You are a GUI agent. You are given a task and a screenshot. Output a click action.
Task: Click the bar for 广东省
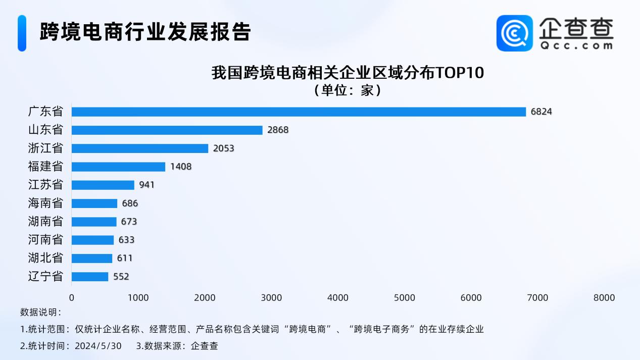pyautogui.click(x=299, y=112)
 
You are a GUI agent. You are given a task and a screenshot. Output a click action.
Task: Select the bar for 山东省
pyautogui.click(x=167, y=130)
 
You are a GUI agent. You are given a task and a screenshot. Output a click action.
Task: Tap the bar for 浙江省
pyautogui.click(x=140, y=148)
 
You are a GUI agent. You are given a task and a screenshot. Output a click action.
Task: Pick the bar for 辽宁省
pyautogui.click(x=90, y=277)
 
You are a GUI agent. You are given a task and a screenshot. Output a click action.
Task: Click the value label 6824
pyautogui.click(x=541, y=112)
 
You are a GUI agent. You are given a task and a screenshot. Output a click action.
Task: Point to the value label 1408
pyautogui.click(x=181, y=167)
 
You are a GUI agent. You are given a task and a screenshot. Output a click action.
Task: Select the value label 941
pyautogui.click(x=147, y=185)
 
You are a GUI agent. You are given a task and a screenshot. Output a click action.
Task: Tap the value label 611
pyautogui.click(x=124, y=258)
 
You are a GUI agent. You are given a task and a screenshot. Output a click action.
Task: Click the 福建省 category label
pyautogui.click(x=45, y=167)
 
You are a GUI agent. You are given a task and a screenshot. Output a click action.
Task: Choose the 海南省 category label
pyautogui.click(x=45, y=203)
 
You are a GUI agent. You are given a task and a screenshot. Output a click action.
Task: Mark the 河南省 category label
pyautogui.click(x=45, y=240)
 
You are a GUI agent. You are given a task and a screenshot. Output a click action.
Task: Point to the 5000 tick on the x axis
pyautogui.click(x=405, y=298)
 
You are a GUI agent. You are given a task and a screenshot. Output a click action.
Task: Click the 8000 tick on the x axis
pyautogui.click(x=604, y=298)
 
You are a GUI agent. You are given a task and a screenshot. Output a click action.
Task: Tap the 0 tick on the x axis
pyautogui.click(x=72, y=298)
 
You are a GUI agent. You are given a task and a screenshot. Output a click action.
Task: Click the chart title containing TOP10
pyautogui.click(x=348, y=73)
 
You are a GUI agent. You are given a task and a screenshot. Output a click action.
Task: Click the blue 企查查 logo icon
pyautogui.click(x=514, y=33)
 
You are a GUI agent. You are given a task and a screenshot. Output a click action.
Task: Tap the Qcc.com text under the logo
pyautogui.click(x=576, y=45)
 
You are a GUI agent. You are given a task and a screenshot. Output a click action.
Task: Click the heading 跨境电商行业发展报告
pyautogui.click(x=145, y=32)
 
